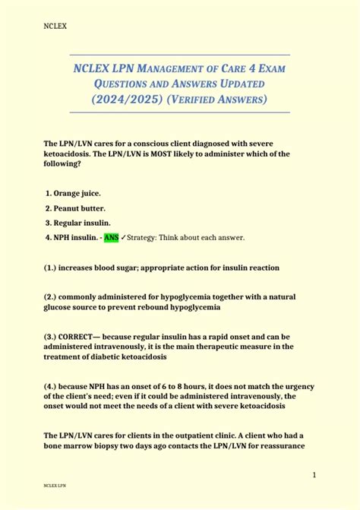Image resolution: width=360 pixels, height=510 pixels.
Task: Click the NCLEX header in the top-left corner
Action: click(55, 26)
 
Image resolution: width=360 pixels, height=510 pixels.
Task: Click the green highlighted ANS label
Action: click(111, 238)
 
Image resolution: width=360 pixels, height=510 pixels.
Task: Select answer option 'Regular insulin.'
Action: click(82, 223)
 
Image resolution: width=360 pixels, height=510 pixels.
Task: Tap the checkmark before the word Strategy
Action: click(124, 238)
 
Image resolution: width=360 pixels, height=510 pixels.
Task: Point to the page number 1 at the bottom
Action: click(314, 475)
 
